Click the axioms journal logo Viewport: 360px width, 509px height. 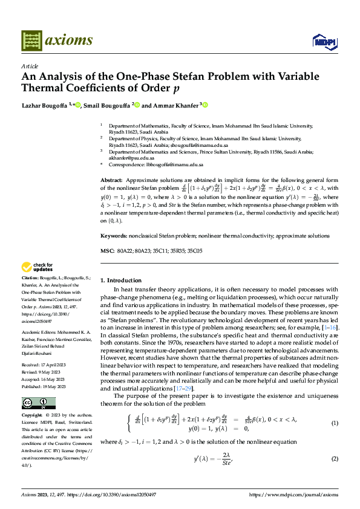coord(57,40)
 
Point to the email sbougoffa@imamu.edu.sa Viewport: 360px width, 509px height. coord(201,146)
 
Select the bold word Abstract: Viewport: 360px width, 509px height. coord(111,181)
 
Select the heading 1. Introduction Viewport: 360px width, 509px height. coord(120,280)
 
